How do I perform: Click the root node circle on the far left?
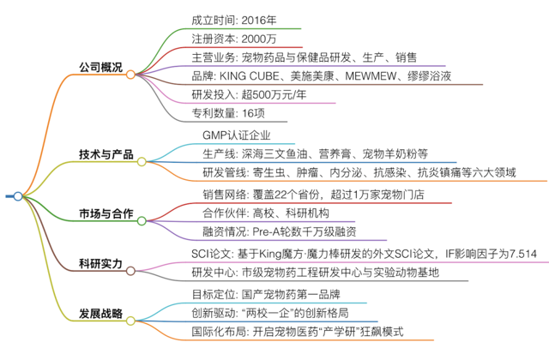[18, 196]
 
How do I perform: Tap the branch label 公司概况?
[101, 67]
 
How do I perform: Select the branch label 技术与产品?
[106, 154]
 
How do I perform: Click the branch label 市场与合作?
[106, 213]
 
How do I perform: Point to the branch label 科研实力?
[101, 263]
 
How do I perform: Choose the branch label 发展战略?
[101, 314]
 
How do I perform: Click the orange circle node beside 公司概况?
[130, 75]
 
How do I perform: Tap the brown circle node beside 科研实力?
[130, 271]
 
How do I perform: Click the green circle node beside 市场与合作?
[142, 221]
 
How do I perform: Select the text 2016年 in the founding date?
[259, 21]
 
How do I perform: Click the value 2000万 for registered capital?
[259, 39]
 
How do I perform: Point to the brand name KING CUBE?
[250, 76]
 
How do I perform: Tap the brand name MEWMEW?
[371, 76]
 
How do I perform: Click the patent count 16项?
[253, 113]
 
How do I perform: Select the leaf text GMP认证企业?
[237, 135]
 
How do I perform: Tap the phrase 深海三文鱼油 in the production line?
[274, 154]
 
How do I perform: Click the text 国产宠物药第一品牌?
[291, 294]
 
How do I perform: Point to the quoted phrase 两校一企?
[270, 313]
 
